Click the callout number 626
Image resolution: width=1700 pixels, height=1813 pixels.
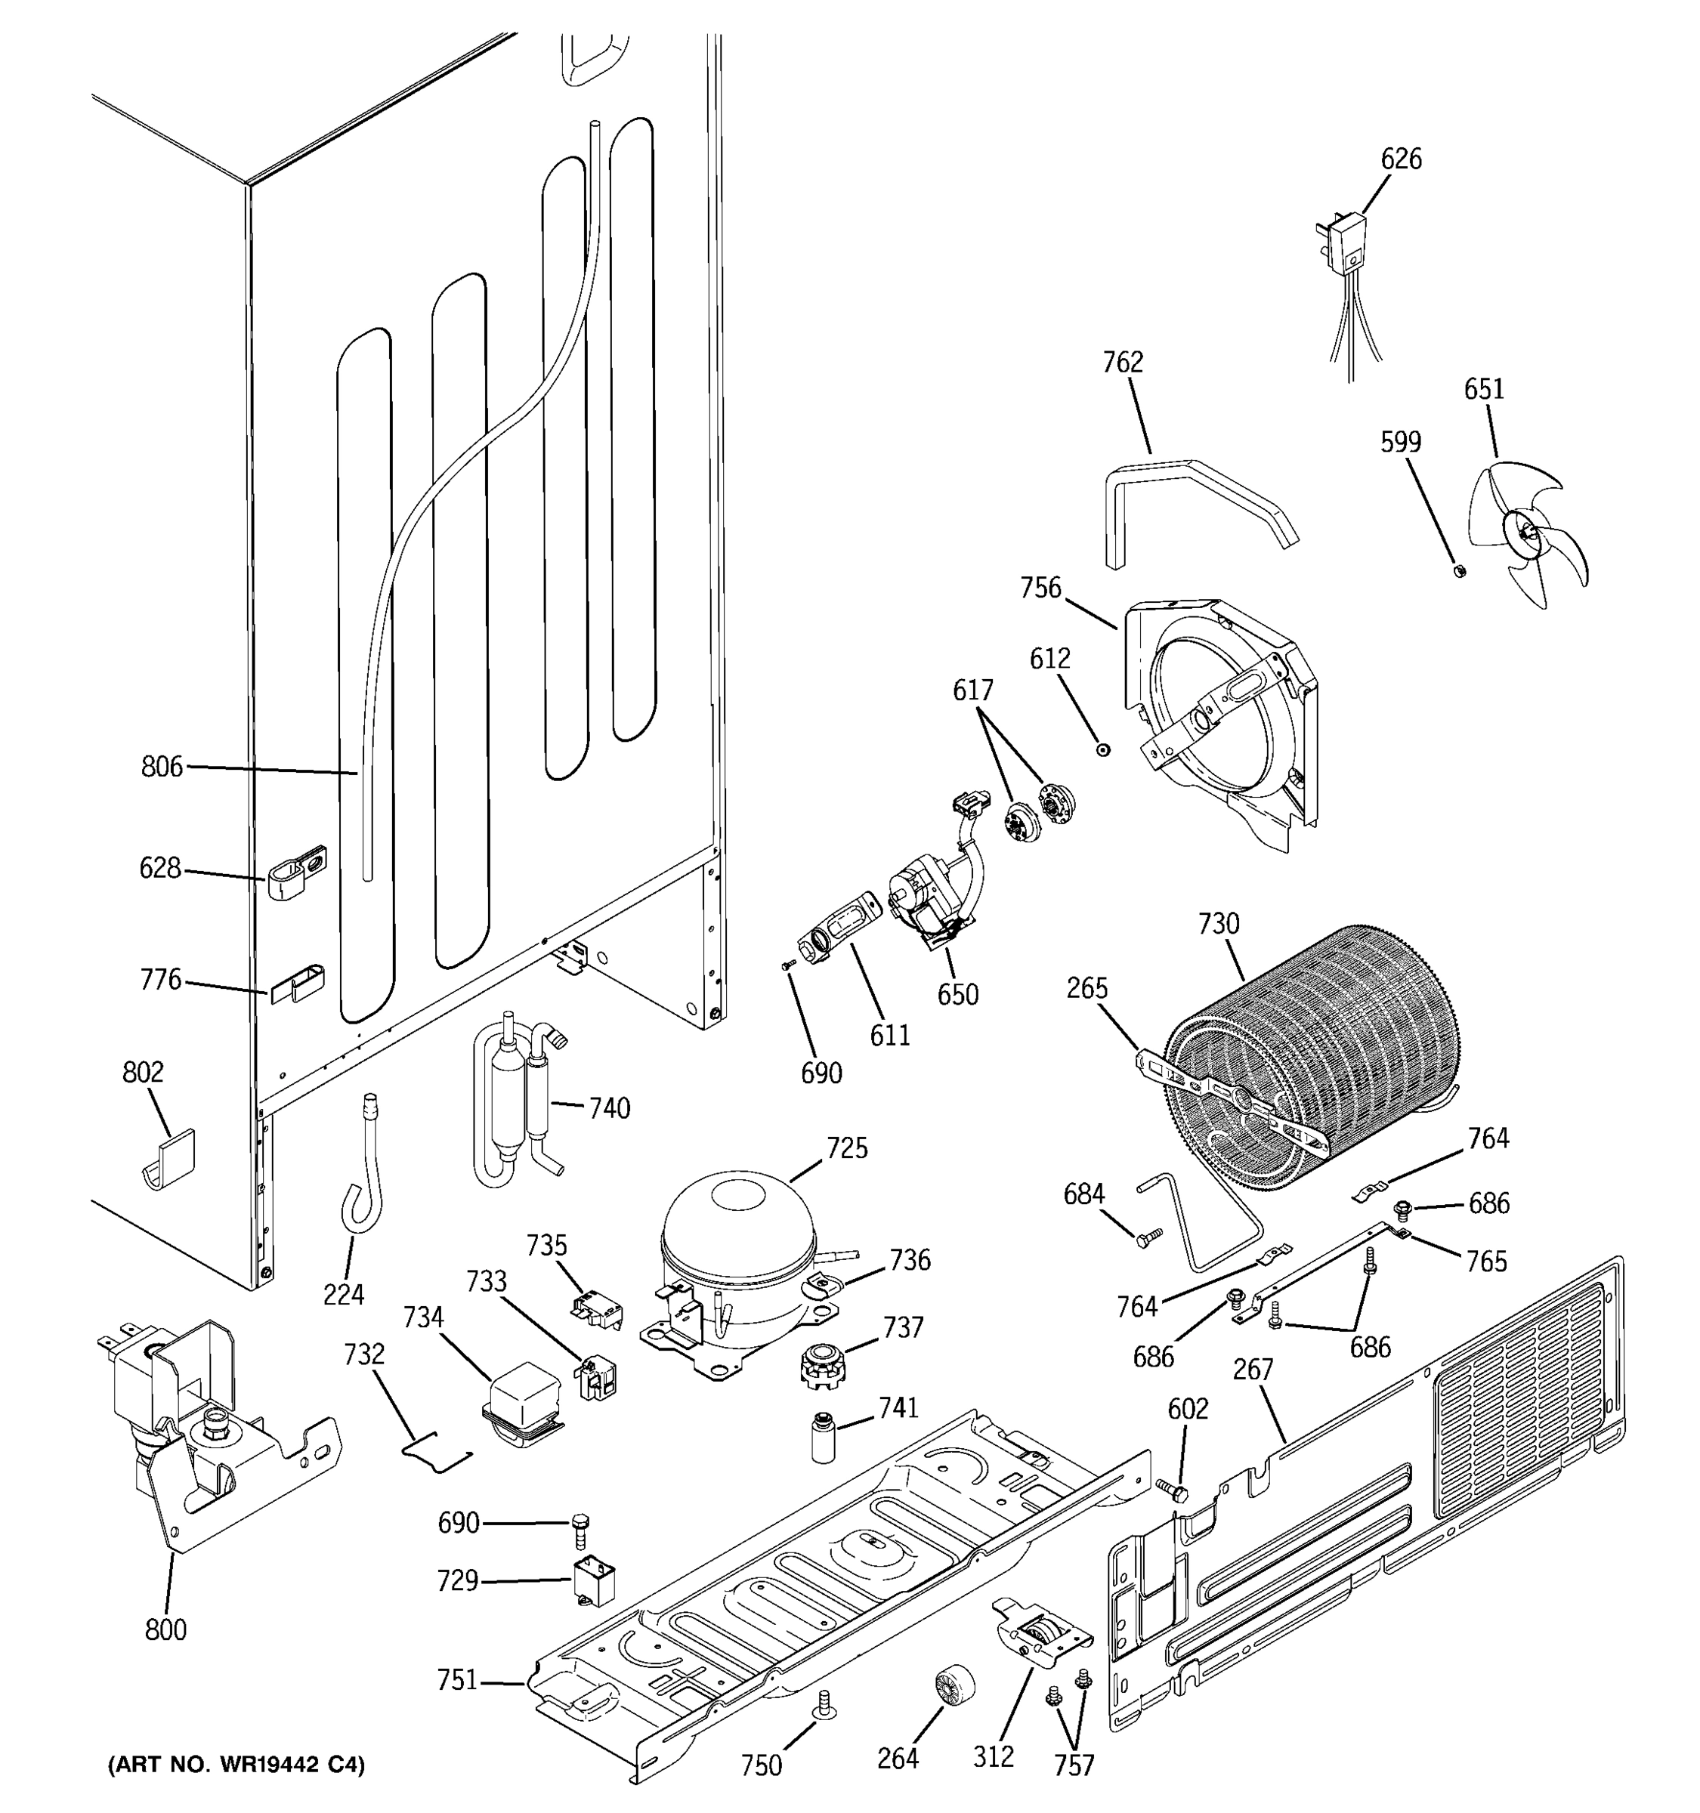1400,159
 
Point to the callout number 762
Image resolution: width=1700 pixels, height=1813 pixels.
1122,363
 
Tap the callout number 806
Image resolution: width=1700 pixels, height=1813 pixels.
162,767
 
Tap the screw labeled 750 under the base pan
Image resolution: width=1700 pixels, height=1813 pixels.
824,1703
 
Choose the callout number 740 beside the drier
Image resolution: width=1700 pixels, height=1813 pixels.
608,1108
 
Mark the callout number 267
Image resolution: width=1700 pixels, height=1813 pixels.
1252,1369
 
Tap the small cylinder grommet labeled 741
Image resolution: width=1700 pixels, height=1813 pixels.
824,1438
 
